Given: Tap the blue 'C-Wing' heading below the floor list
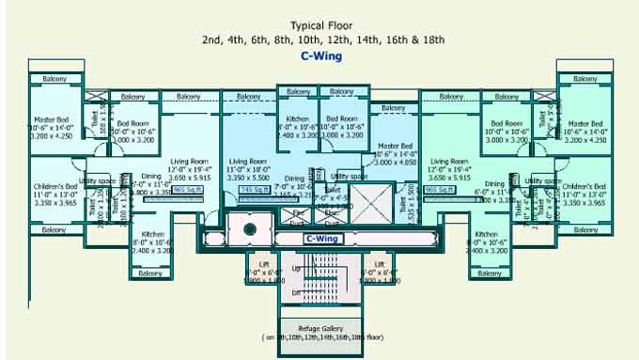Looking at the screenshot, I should [321, 56].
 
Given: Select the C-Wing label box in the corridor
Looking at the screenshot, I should [321, 239].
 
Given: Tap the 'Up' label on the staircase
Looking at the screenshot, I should [298, 269].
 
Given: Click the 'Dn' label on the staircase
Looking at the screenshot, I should [296, 293].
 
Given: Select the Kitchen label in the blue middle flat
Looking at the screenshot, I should [298, 119].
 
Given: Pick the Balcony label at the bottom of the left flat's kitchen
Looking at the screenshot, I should [149, 274].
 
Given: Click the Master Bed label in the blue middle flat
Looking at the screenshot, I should [395, 147].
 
